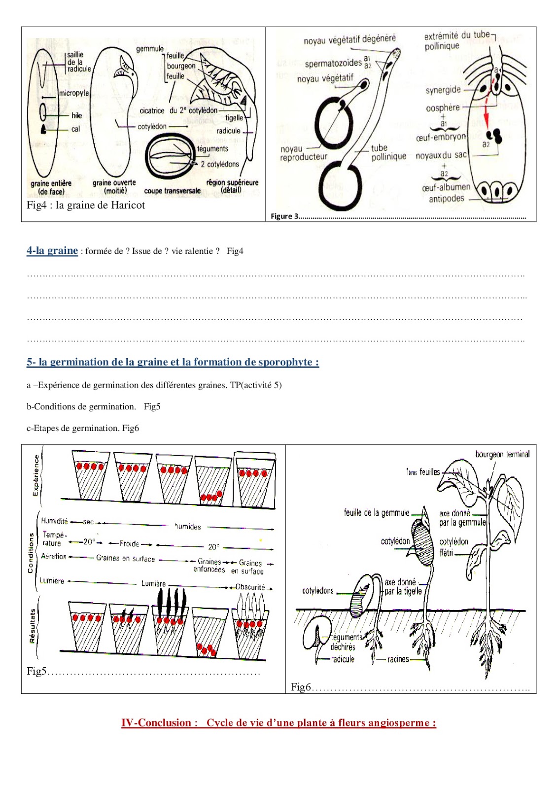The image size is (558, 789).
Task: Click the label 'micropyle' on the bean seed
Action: (74, 93)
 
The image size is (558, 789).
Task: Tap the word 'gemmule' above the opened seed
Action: (150, 49)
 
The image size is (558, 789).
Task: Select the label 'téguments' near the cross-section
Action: (212, 148)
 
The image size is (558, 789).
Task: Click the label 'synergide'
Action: (443, 90)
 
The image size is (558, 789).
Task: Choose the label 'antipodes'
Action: (447, 199)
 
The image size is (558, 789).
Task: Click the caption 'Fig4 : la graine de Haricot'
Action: (86, 205)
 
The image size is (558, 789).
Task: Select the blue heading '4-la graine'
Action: (52, 251)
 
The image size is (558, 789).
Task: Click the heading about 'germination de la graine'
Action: (173, 362)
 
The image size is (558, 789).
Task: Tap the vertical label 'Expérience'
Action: (35, 475)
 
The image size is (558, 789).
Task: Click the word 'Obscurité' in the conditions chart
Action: (250, 587)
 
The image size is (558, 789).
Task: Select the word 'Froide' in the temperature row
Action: (130, 543)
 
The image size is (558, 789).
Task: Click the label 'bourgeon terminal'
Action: (502, 454)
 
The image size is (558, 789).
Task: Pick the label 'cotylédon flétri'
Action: (453, 547)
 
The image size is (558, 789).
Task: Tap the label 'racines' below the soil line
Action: (398, 659)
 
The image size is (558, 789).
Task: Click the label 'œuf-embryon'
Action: (440, 137)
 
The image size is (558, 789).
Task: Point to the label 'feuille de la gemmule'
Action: (377, 513)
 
